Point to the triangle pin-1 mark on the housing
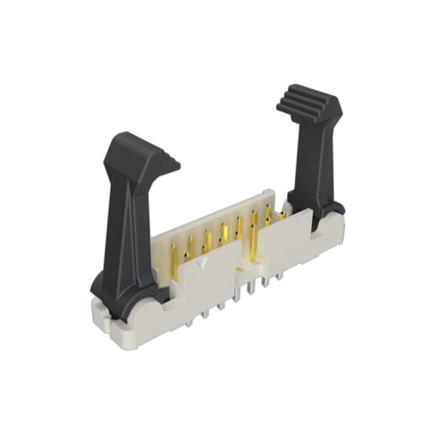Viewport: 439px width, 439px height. pyautogui.click(x=200, y=263)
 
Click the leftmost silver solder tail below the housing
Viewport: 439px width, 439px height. pyautogui.click(x=205, y=313)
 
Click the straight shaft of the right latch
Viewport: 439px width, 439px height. pyautogui.click(x=309, y=165)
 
